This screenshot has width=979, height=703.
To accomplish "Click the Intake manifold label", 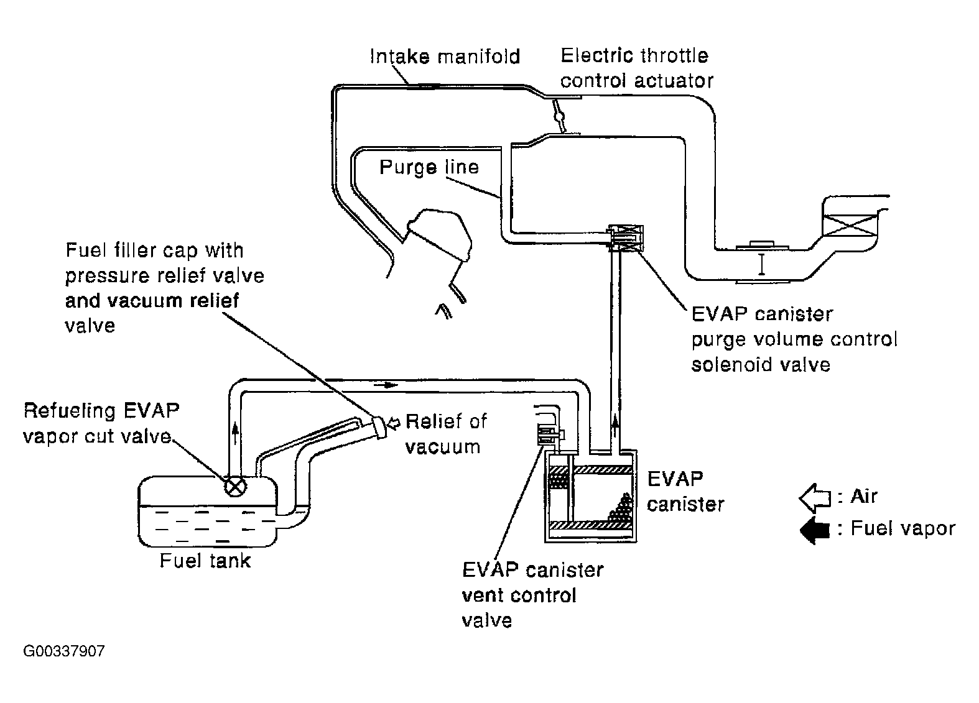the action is coord(445,57).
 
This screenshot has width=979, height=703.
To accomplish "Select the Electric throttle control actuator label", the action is coord(637,68).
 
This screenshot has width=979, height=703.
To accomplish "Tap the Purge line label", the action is coord(429,167).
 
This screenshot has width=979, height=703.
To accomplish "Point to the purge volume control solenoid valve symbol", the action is coord(626,239).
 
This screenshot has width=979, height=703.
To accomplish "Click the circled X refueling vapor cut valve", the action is coord(236,486).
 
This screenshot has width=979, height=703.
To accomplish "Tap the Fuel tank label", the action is coord(205,561).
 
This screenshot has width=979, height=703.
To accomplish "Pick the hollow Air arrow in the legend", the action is coord(815,498).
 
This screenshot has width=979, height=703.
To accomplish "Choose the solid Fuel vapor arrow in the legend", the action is coord(815,530).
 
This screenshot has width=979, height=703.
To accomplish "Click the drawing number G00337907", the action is coord(64,651).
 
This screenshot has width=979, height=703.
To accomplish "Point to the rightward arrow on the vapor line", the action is coord(386,385).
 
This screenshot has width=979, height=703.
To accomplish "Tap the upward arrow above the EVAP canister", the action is coord(615,426).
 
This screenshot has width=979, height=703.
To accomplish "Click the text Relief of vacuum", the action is coord(446,434).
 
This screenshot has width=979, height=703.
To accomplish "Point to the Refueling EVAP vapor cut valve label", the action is coord(101,423).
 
